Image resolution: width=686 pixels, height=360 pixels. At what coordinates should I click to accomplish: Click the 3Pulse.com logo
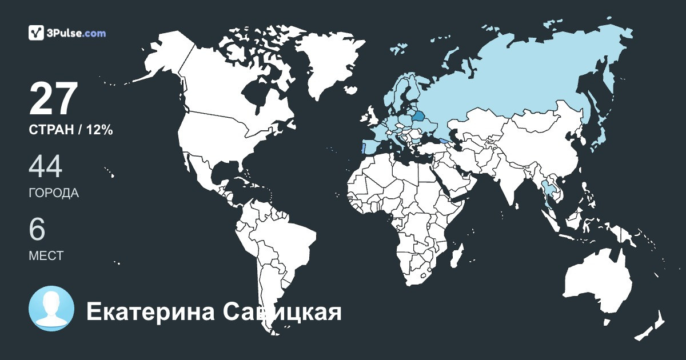pyautogui.click(x=67, y=33)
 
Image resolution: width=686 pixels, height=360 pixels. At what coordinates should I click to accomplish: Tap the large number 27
pyautogui.click(x=53, y=99)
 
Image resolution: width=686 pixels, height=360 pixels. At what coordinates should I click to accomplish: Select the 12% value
pyautogui.click(x=99, y=130)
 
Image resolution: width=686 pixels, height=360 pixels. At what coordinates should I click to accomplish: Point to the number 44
pyautogui.click(x=45, y=166)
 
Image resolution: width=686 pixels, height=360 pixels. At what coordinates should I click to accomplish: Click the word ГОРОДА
pyautogui.click(x=54, y=193)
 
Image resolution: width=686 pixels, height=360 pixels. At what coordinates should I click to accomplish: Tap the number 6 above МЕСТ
pyautogui.click(x=37, y=229)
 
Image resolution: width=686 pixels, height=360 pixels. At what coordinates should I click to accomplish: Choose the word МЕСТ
pyautogui.click(x=46, y=255)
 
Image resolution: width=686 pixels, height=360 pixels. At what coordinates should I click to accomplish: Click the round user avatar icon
pyautogui.click(x=51, y=309)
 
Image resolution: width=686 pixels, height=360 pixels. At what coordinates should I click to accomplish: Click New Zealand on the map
pyautogui.click(x=652, y=326)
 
